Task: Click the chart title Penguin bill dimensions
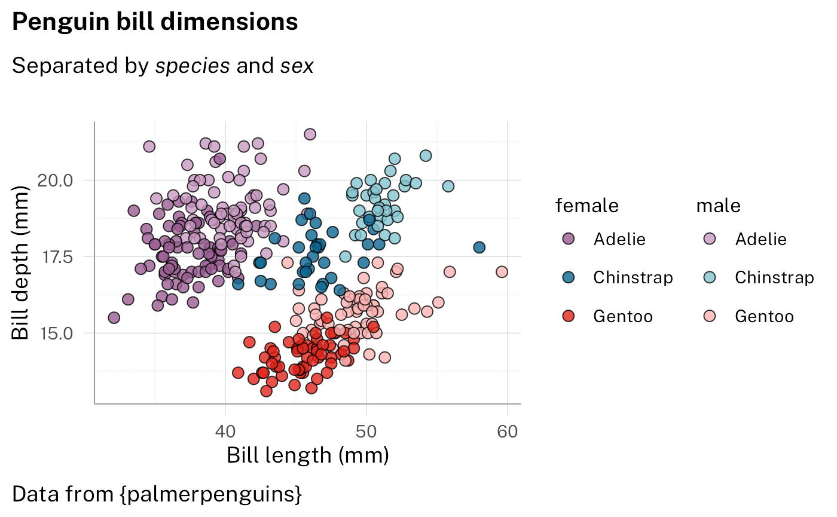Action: click(x=155, y=22)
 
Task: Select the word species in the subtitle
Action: click(x=193, y=66)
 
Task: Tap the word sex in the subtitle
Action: click(x=297, y=66)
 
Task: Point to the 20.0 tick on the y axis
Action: click(x=55, y=180)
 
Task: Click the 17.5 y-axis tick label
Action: click(x=55, y=257)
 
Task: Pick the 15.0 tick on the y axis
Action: click(x=55, y=333)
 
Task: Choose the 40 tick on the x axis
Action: click(x=225, y=431)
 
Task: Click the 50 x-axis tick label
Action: click(x=366, y=431)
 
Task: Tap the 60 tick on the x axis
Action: click(x=508, y=431)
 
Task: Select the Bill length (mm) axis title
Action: click(x=308, y=455)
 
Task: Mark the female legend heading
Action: click(x=587, y=206)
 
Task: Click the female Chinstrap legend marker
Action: click(x=569, y=277)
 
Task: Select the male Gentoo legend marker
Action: click(x=710, y=316)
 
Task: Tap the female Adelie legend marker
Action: click(x=569, y=239)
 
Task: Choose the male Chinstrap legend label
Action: click(x=774, y=277)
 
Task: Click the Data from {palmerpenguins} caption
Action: click(x=157, y=494)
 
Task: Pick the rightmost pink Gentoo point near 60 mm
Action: click(x=502, y=272)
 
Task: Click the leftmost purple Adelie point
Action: click(x=114, y=317)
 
